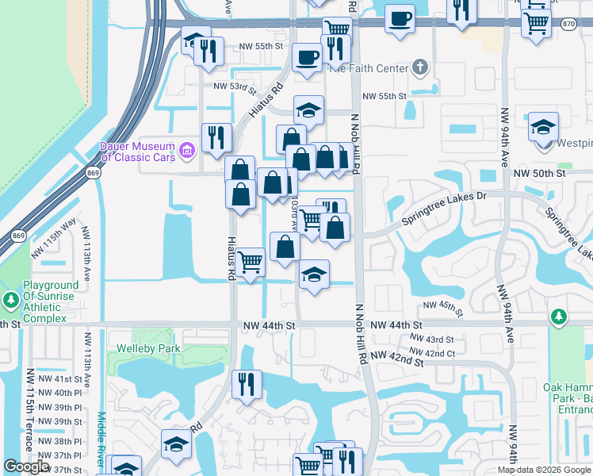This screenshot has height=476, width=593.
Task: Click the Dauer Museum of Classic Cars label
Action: [136, 151]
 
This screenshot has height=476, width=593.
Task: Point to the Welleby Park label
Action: [149, 348]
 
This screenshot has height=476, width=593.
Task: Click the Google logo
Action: [27, 466]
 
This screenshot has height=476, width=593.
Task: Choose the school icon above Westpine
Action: [543, 126]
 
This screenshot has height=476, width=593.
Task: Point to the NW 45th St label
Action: [441, 305]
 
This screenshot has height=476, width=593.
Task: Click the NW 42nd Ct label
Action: [434, 352]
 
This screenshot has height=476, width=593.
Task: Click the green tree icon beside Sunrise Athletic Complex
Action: [10, 300]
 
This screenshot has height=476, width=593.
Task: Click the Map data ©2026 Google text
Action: [543, 470]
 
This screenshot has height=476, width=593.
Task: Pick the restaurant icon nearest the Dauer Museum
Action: [215, 137]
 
